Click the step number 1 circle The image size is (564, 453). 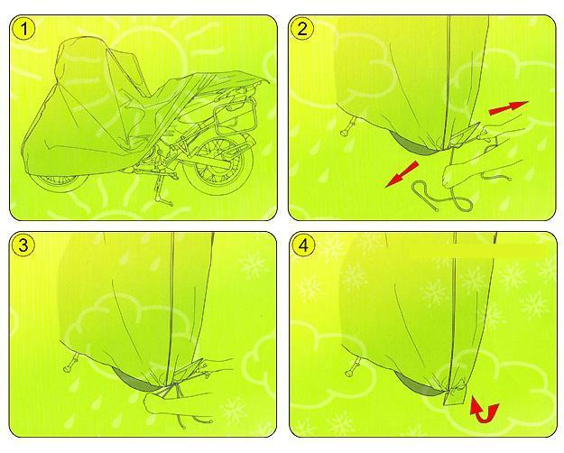tap(24, 29)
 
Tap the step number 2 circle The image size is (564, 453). tap(302, 29)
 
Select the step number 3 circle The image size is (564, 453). tap(23, 245)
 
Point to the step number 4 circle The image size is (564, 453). tap(303, 246)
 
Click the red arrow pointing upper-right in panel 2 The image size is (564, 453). tap(508, 107)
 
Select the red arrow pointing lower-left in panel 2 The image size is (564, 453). tap(402, 174)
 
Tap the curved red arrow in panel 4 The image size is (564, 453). tap(485, 410)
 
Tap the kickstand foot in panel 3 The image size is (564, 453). tap(68, 368)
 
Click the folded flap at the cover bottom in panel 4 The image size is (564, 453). tap(455, 396)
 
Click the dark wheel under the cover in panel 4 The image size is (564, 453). tap(417, 384)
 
